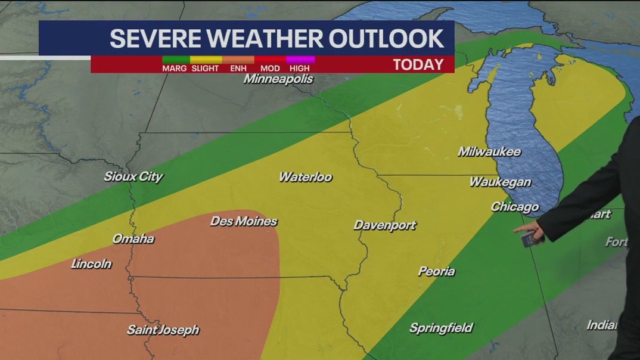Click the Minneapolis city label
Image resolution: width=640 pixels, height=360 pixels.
[278, 79]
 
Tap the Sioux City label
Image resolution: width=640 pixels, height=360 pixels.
[133, 176]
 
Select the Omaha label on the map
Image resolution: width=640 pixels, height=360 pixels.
[133, 239]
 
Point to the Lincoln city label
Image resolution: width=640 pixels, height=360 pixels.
[91, 263]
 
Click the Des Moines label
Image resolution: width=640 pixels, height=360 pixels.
[244, 221]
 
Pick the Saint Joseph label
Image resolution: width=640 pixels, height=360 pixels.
[163, 330]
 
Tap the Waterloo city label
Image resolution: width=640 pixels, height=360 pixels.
[305, 177]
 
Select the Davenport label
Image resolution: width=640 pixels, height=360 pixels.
[384, 225]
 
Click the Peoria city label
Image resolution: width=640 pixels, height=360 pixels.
[436, 271]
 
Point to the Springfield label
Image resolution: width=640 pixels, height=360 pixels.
[441, 328]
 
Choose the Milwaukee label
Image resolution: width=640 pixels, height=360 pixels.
[489, 151]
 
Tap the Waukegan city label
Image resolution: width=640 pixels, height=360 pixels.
[500, 182]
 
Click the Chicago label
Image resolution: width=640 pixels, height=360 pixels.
[514, 207]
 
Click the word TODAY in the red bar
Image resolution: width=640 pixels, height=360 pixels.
[418, 64]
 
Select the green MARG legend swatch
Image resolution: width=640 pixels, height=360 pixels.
[175, 60]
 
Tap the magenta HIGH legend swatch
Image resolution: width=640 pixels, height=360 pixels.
[300, 60]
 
